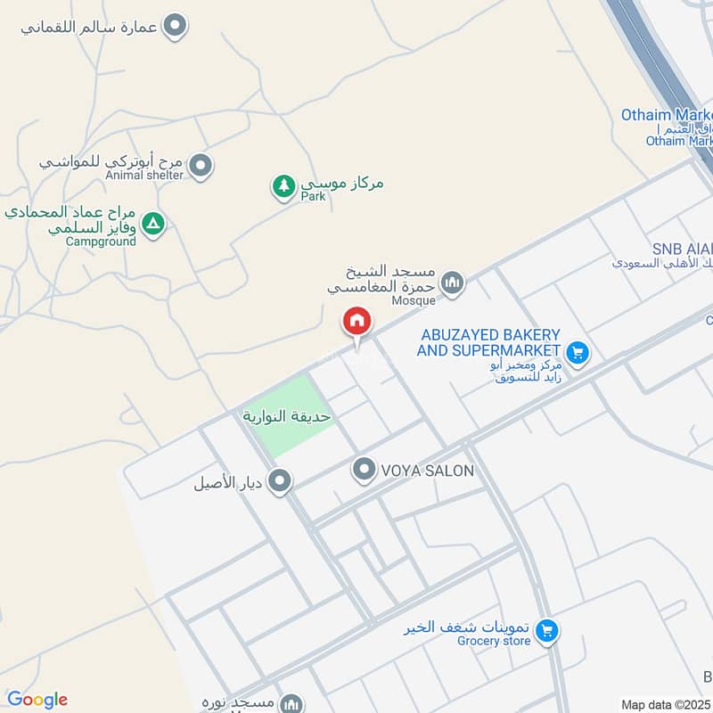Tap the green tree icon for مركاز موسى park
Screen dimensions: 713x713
click(283, 186)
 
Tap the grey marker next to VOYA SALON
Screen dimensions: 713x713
click(364, 470)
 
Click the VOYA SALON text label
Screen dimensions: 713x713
click(428, 471)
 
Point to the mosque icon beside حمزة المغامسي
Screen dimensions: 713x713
click(453, 283)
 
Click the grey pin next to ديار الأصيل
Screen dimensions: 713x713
click(281, 482)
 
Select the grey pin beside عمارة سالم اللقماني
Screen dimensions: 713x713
click(176, 26)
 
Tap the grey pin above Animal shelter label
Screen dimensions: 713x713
click(201, 164)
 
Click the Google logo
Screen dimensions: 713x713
click(37, 700)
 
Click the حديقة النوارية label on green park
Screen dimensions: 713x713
click(287, 416)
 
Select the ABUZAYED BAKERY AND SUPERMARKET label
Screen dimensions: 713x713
click(488, 342)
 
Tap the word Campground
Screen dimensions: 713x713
click(101, 242)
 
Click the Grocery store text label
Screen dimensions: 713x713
click(494, 641)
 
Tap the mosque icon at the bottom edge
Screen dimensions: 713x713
click(291, 704)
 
